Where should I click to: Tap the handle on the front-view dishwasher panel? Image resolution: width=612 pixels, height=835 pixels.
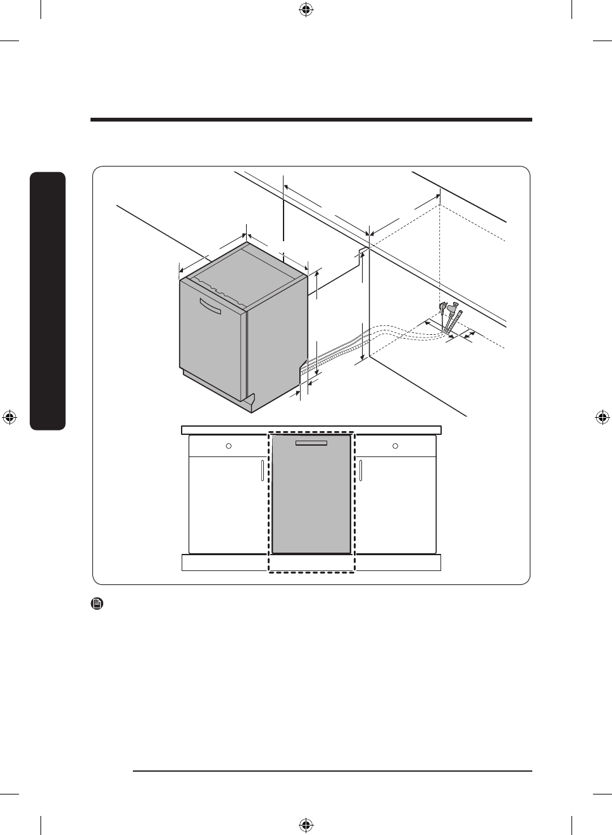pos(311,443)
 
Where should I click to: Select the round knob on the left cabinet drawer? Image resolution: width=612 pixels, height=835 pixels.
pos(229,446)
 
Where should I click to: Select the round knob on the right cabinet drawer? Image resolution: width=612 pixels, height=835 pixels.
pos(396,446)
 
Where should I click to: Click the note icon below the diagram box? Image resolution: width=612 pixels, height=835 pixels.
pos(97,604)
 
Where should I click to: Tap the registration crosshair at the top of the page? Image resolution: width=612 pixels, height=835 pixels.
pos(306,9)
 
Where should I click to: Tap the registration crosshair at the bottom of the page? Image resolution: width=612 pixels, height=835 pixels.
pos(306,825)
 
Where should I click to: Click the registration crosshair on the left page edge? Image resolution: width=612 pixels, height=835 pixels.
pos(9,417)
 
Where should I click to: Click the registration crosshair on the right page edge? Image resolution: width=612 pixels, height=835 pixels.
pos(603,417)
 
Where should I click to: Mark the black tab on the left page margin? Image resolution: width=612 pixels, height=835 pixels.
pos(47,301)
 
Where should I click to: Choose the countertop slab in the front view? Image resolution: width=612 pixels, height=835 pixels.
pos(311,430)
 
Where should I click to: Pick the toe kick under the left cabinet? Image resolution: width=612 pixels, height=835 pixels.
pos(225,563)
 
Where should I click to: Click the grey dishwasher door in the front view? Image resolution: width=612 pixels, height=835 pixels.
pos(311,500)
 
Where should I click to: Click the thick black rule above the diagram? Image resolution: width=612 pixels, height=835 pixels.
pos(311,120)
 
